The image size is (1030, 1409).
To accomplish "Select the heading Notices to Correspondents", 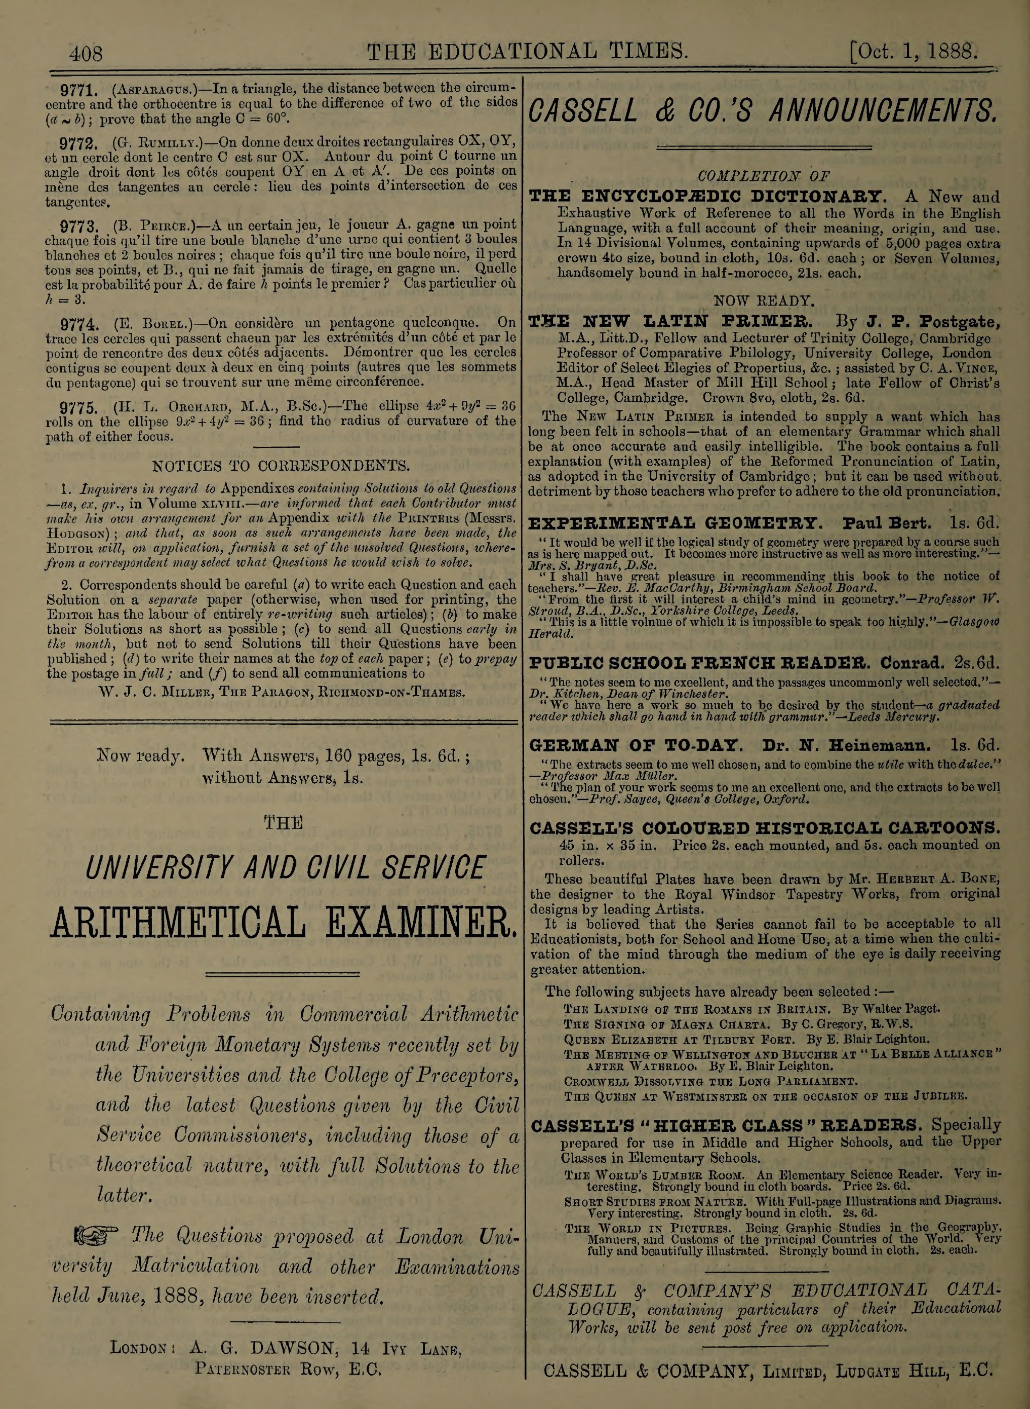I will click(281, 466).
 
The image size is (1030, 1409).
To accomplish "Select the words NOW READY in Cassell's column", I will click(764, 300).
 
